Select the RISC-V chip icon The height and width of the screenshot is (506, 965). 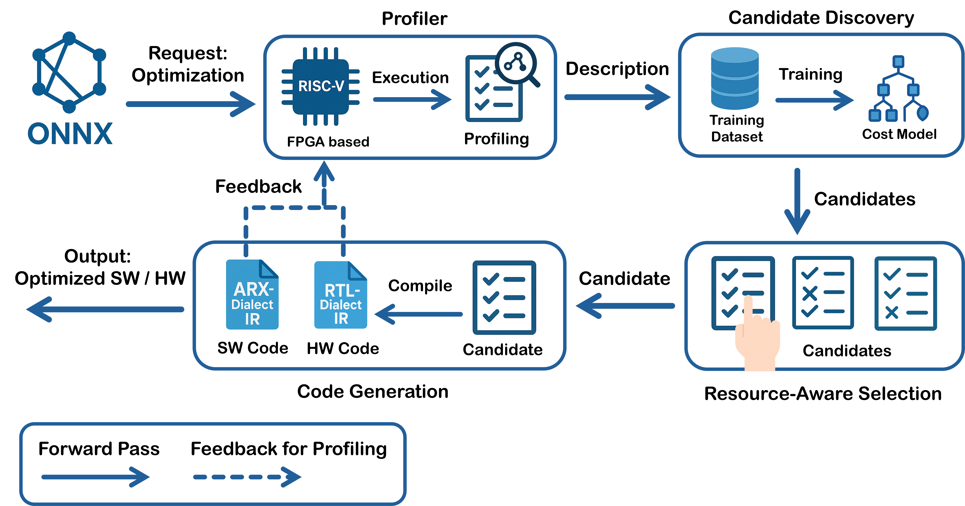pos(321,86)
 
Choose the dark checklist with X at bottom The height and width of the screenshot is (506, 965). pos(905,294)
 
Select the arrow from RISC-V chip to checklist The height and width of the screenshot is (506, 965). pos(412,99)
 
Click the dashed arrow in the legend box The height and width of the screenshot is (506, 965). pos(247,477)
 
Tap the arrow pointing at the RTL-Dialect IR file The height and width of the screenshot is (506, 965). pos(418,314)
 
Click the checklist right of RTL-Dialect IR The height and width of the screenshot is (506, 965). pos(504,297)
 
